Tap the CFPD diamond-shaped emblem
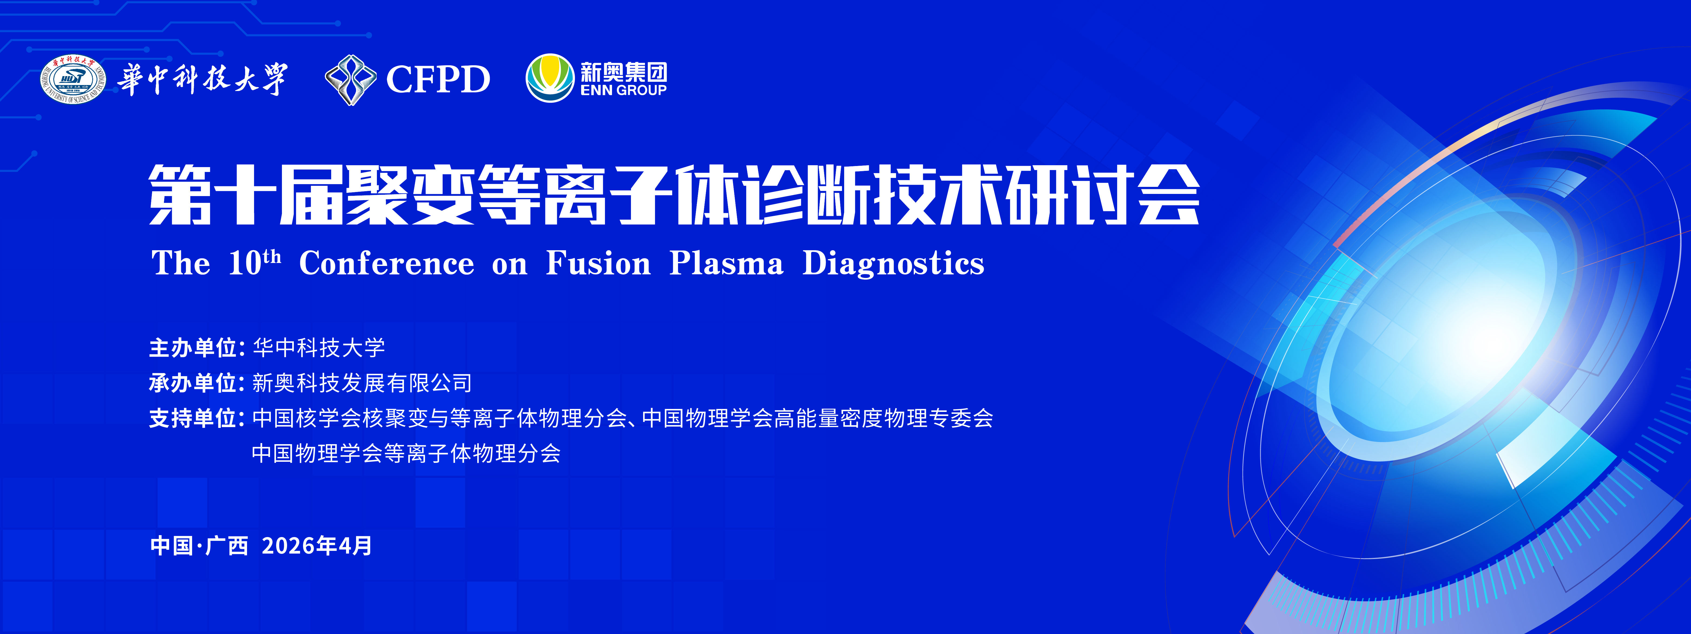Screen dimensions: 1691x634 coord(351,80)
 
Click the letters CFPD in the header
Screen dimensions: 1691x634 coord(438,80)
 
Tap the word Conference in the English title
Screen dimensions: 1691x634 coord(387,264)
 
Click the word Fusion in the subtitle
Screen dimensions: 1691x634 coord(598,264)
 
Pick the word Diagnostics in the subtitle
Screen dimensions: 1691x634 coord(893,264)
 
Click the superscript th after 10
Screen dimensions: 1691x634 coord(272,256)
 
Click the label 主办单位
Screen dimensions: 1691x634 coord(193,347)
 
